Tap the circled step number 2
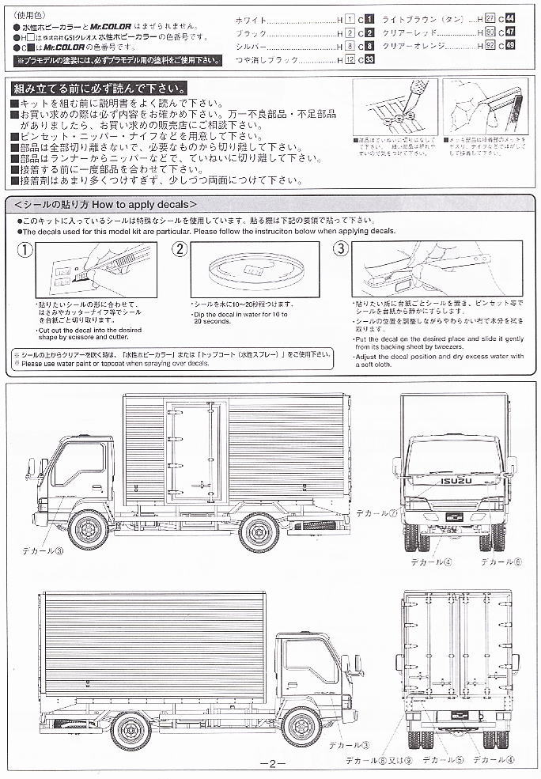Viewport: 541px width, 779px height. [x=180, y=249]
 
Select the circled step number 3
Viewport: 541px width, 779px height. [x=341, y=249]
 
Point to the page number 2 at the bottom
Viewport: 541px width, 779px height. [x=270, y=764]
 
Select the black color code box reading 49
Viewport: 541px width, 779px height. [x=510, y=46]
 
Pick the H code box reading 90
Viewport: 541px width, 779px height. [x=490, y=32]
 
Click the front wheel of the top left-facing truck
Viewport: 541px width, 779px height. [x=88, y=530]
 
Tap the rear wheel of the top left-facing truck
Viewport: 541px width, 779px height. [x=259, y=531]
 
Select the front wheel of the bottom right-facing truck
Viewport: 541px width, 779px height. [x=301, y=728]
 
